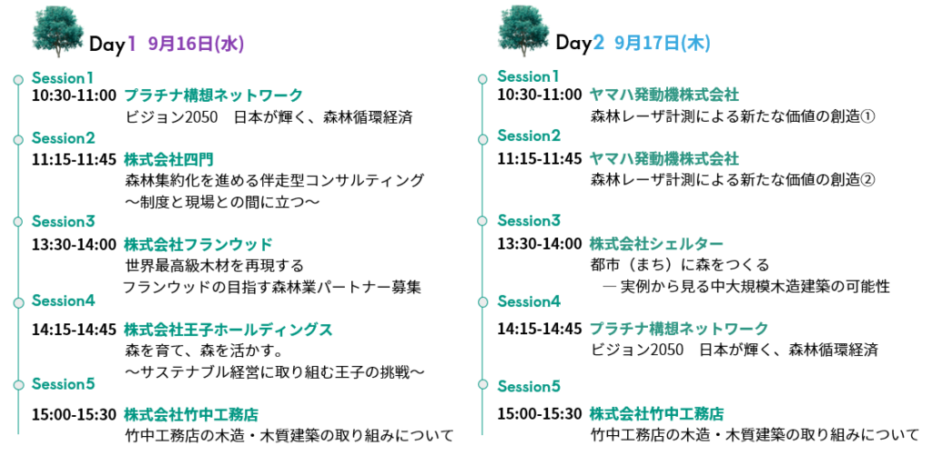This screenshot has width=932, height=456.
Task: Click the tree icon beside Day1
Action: tap(58, 31)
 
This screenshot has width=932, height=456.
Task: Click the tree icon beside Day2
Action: tap(523, 31)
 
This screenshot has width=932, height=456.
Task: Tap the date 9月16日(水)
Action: tap(197, 44)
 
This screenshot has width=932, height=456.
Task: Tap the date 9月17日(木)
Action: tap(663, 44)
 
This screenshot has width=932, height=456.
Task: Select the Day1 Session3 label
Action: tap(63, 221)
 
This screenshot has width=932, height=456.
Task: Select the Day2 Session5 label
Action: tap(529, 387)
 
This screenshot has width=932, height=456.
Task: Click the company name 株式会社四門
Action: tap(168, 159)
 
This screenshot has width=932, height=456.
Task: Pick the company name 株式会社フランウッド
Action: tap(198, 244)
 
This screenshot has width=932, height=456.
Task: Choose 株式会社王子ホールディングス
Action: tap(228, 329)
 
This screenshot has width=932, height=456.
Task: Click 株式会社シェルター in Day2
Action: tap(656, 244)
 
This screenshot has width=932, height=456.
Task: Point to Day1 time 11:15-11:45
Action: tap(75, 159)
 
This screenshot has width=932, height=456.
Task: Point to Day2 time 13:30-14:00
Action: tap(540, 244)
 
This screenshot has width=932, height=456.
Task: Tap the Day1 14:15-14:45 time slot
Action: tap(75, 329)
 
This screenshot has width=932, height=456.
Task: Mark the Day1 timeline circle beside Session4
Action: tap(18, 302)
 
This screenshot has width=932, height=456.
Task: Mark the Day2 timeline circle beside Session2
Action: tap(482, 138)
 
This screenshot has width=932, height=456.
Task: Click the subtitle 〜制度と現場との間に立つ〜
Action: tap(222, 203)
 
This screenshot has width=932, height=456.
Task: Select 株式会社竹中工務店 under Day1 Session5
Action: tap(191, 414)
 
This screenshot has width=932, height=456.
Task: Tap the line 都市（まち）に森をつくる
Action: tap(680, 265)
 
